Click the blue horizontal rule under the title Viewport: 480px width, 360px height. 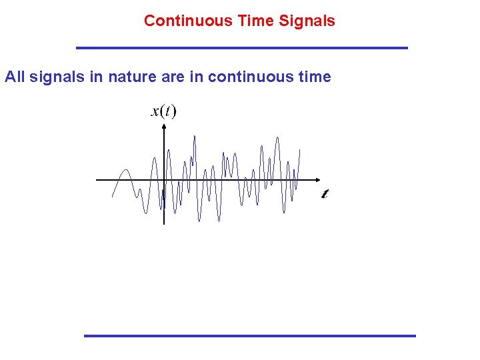(x=241, y=48)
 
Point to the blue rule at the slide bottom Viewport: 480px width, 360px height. (x=249, y=335)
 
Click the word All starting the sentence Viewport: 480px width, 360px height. (x=15, y=77)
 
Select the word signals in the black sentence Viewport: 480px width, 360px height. (x=57, y=77)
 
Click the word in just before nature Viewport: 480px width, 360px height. (x=97, y=77)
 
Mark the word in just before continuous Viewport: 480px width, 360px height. (x=197, y=77)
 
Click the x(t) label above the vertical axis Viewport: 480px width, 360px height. (x=164, y=111)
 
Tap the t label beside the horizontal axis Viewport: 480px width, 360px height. (x=325, y=193)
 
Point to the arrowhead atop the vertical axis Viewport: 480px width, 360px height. (x=164, y=127)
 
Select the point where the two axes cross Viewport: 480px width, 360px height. (x=164, y=180)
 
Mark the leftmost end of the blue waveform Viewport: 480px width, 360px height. (x=112, y=197)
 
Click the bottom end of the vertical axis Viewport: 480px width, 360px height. (x=164, y=223)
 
